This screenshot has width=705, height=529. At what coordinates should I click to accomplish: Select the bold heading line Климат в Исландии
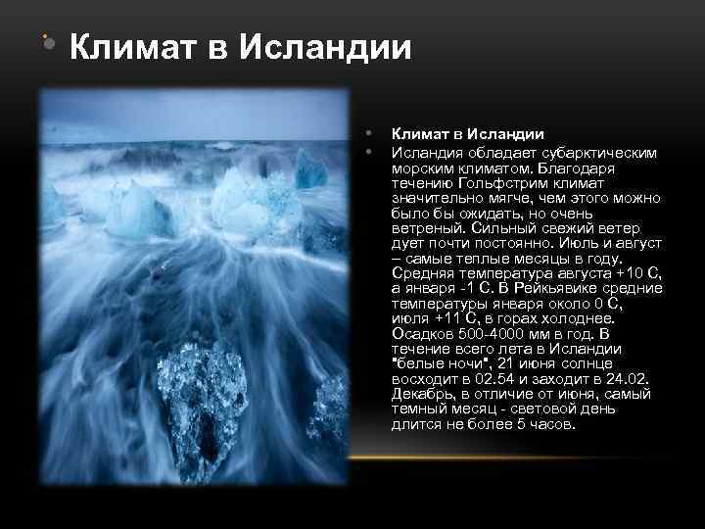pos(467,134)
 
